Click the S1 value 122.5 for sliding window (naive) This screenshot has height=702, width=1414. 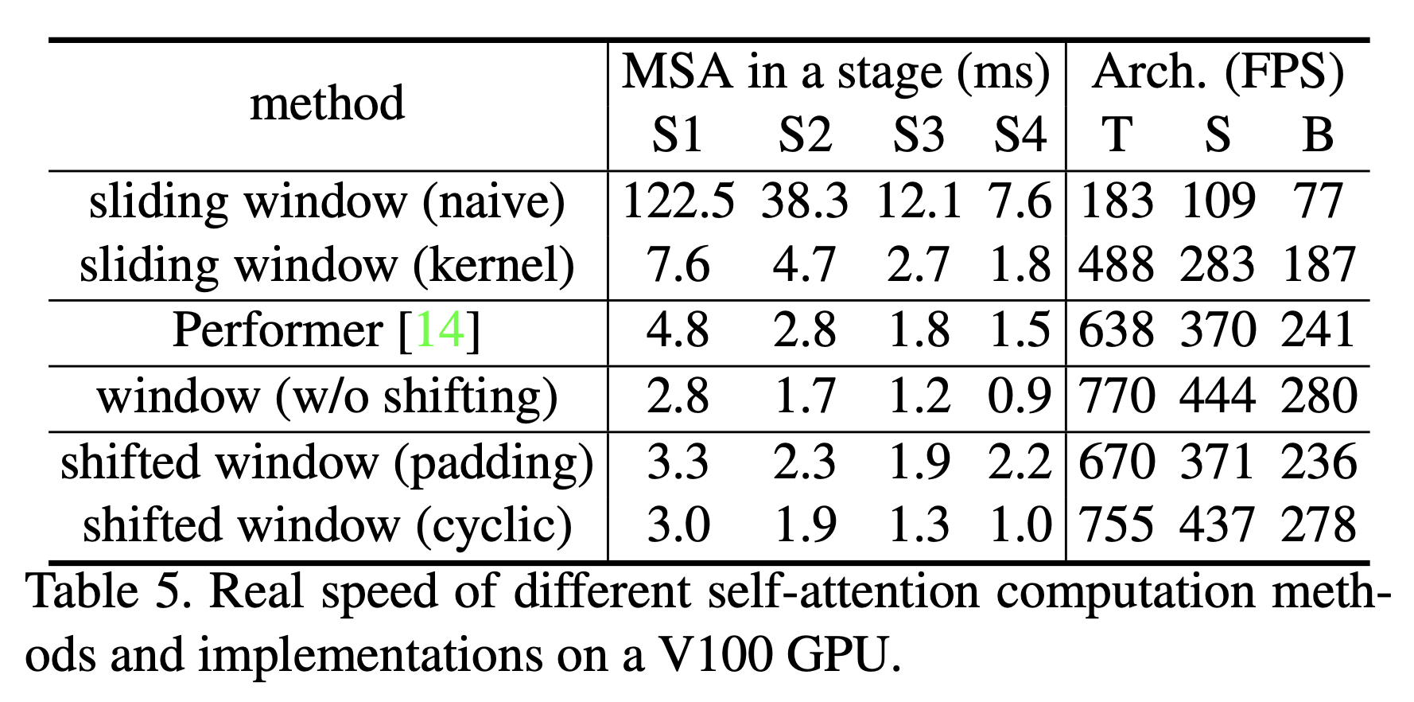click(x=678, y=201)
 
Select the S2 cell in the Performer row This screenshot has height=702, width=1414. click(x=805, y=330)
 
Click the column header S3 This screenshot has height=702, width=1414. click(x=918, y=135)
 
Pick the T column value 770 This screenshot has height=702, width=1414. click(x=1116, y=396)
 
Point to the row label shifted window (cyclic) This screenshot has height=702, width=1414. click(x=328, y=526)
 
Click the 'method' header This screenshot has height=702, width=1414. click(x=328, y=103)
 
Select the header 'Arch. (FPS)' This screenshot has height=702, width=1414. click(x=1218, y=73)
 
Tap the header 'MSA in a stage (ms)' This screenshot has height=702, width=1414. click(x=836, y=73)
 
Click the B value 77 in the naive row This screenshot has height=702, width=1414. click(x=1318, y=201)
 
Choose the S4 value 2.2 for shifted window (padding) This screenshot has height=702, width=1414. click(x=1020, y=462)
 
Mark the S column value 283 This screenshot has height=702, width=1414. click(x=1218, y=265)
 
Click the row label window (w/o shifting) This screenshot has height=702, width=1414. click(x=328, y=396)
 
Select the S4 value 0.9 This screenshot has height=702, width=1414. click(x=1020, y=396)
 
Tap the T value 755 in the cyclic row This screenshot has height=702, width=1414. click(x=1116, y=526)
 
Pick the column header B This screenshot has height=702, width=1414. click(x=1318, y=135)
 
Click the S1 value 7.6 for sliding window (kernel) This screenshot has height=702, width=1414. click(x=678, y=265)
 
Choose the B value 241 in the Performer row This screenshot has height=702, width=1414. click(x=1318, y=330)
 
